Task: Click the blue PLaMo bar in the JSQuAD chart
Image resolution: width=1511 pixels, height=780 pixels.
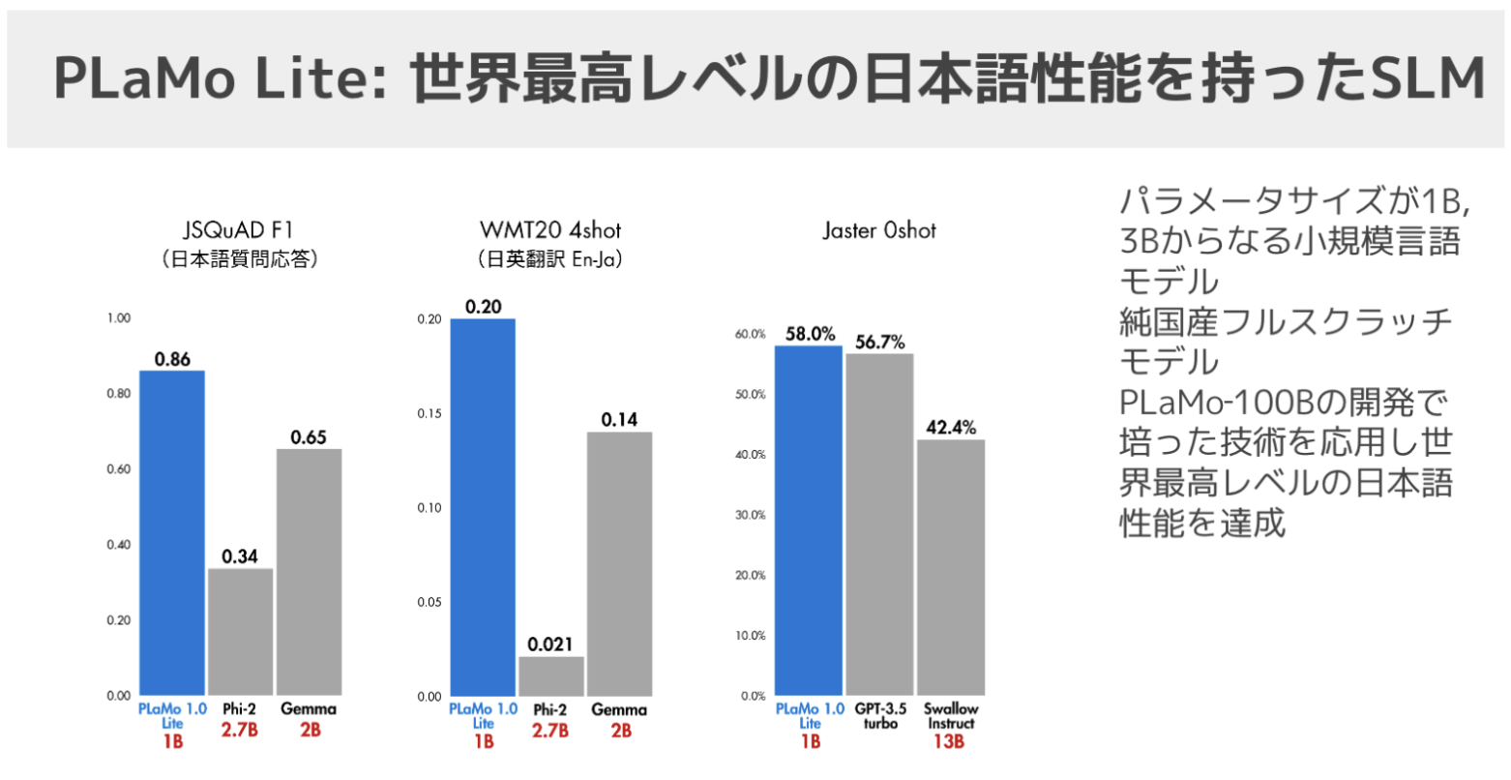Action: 171,532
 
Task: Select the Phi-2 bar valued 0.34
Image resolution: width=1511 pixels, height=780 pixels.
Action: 240,631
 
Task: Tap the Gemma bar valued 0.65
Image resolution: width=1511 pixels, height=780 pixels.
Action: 309,571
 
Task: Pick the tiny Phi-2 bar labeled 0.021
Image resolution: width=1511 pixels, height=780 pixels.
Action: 550,676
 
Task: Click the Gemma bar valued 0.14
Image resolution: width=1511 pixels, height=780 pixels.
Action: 619,563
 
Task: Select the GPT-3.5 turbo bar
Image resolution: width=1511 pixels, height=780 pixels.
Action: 879,524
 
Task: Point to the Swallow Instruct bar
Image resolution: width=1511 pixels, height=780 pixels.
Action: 951,567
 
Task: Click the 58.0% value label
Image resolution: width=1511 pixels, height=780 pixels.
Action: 810,334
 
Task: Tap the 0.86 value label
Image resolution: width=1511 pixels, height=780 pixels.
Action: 172,359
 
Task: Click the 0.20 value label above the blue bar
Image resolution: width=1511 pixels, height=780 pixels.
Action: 483,307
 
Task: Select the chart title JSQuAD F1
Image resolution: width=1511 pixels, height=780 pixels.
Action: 238,230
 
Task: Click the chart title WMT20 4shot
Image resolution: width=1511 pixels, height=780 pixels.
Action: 550,230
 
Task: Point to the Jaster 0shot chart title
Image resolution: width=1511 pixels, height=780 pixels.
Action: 879,230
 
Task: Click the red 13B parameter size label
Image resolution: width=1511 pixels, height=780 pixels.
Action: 951,741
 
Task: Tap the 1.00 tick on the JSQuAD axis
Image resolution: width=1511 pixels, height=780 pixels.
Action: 118,318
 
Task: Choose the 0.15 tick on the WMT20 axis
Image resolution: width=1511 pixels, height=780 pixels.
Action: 429,413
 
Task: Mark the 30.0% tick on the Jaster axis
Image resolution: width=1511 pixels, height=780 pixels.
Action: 750,515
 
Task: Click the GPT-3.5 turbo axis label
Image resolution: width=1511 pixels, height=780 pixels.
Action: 879,716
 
